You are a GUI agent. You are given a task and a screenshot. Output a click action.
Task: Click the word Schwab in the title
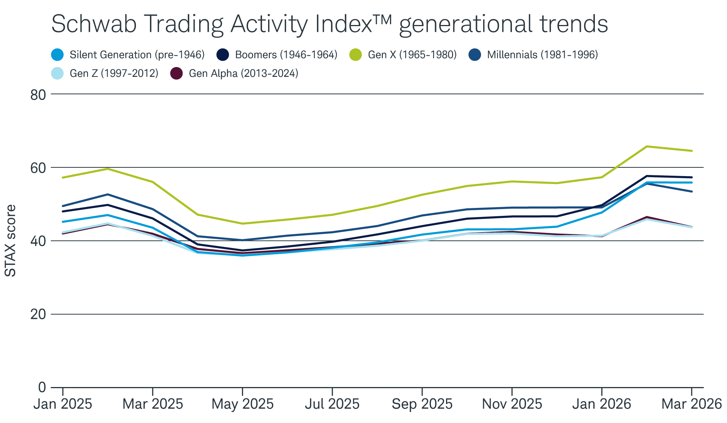tap(94, 24)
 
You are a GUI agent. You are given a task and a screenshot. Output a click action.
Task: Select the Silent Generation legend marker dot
tap(58, 55)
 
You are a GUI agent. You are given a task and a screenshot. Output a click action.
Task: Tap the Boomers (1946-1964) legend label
tap(286, 55)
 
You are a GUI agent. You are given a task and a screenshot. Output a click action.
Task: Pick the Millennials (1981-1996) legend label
tap(542, 55)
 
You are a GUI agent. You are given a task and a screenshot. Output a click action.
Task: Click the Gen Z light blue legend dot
tap(58, 73)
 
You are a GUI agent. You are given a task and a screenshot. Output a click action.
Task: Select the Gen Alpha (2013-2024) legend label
tap(243, 73)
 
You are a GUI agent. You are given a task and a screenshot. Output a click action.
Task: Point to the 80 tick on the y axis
tap(38, 95)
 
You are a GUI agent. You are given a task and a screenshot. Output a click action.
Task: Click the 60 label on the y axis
tap(38, 168)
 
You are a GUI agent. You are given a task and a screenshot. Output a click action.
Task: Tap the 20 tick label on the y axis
tap(38, 314)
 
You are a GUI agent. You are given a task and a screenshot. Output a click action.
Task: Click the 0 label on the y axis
tap(42, 387)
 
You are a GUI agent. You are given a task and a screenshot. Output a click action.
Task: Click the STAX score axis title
tap(11, 241)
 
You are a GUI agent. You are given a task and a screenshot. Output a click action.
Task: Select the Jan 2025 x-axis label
tap(62, 404)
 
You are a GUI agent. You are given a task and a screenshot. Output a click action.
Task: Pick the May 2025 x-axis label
tap(242, 404)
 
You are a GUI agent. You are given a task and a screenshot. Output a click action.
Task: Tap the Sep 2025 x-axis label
tap(422, 404)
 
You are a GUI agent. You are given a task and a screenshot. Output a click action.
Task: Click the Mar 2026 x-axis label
tap(691, 404)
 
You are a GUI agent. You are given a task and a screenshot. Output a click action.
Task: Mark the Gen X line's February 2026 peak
tap(647, 146)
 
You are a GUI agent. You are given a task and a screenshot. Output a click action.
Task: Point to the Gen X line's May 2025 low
tap(242, 223)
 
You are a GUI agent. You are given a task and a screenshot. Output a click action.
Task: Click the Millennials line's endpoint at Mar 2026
tap(691, 191)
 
